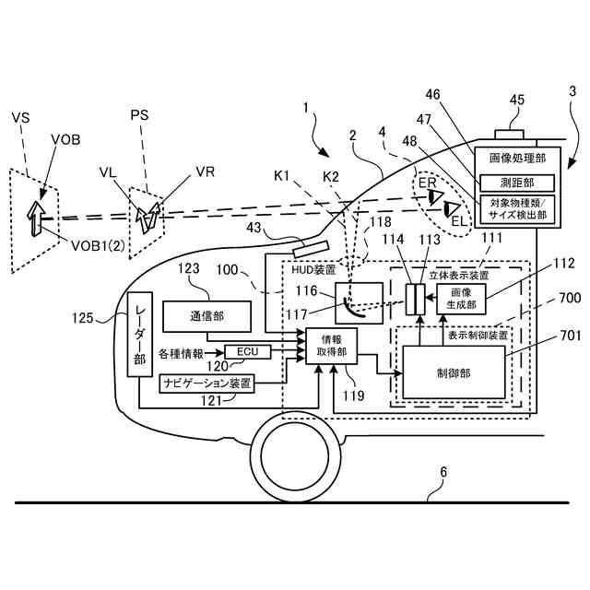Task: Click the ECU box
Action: (248, 352)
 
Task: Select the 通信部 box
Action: (206, 316)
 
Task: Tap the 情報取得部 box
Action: (331, 346)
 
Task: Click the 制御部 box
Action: (454, 372)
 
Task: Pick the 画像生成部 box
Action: (461, 299)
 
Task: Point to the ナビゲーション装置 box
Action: (206, 383)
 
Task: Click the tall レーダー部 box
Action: (139, 334)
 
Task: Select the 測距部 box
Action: (517, 183)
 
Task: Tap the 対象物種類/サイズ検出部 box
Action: (517, 209)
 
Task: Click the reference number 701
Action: (571, 336)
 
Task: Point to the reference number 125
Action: (82, 318)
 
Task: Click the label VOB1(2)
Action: (98, 246)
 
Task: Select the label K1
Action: (281, 175)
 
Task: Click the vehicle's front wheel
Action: (295, 456)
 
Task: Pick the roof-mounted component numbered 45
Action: (509, 135)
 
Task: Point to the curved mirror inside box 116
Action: (354, 308)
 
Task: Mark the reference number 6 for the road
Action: (443, 472)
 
